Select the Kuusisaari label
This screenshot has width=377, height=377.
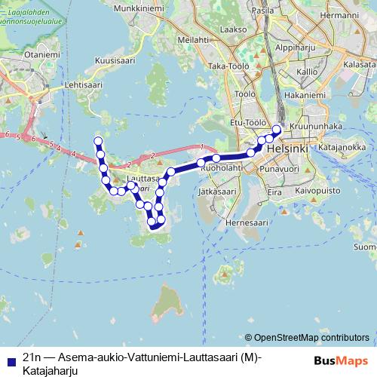click(x=114, y=59)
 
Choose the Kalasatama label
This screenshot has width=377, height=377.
click(x=360, y=66)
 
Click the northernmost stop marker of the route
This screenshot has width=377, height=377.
click(x=97, y=141)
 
